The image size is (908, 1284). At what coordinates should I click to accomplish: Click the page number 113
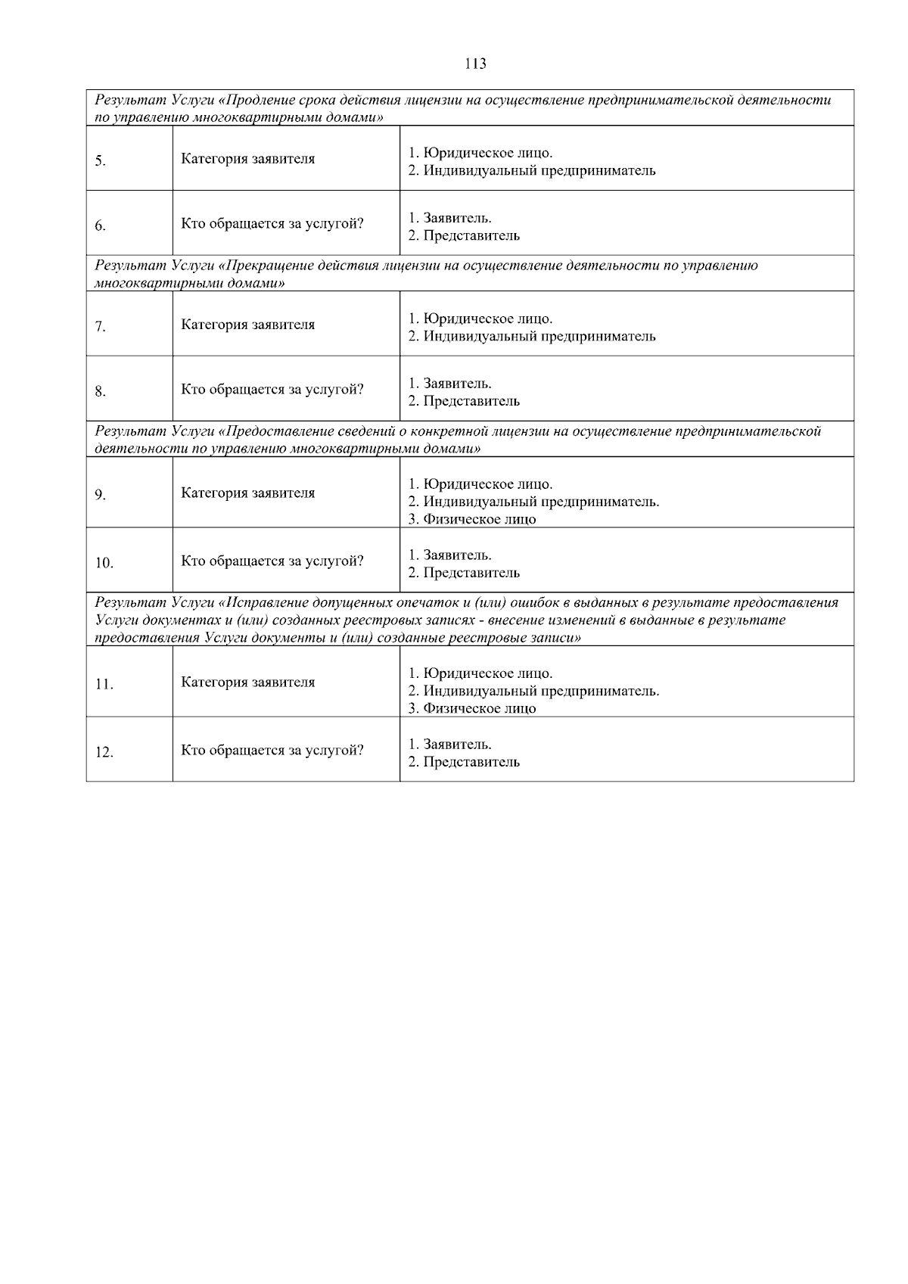[475, 64]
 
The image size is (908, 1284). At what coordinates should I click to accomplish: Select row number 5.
[100, 160]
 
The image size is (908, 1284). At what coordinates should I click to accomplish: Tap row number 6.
[100, 225]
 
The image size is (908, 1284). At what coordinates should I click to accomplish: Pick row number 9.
[100, 495]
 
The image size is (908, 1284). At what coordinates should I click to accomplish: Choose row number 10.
[104, 563]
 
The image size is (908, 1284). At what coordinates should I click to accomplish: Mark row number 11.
[104, 685]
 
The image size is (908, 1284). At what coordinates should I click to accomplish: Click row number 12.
[104, 753]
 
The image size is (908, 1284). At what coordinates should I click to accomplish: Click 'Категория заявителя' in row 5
[247, 159]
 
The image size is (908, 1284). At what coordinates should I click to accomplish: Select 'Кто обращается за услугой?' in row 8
[272, 390]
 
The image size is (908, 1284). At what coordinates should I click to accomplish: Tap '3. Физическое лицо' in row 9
[471, 519]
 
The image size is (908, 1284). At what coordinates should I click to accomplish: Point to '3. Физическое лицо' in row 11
[471, 708]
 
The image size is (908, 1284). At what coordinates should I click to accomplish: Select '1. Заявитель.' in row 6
[449, 218]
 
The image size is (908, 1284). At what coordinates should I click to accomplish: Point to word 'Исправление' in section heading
[260, 603]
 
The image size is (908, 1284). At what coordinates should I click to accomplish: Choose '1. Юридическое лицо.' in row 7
[480, 319]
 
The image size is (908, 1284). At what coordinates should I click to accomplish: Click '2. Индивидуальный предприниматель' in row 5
[531, 170]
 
